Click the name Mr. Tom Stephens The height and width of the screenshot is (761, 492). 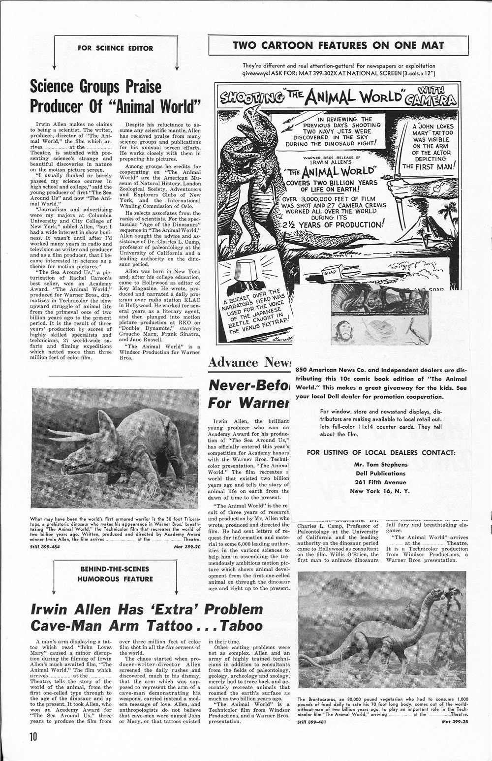pyautogui.click(x=381, y=464)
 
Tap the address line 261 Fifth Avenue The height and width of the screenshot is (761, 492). pyautogui.click(x=381, y=482)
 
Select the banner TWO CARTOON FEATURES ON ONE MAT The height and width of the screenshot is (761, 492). pyautogui.click(x=338, y=46)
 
